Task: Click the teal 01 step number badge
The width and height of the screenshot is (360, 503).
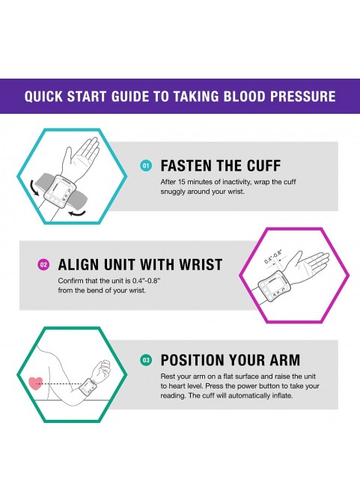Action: coord(146,165)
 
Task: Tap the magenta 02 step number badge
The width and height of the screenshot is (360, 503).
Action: coord(43,265)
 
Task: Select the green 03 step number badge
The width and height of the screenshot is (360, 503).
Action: coord(146,360)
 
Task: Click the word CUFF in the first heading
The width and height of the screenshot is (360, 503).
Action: coord(263,166)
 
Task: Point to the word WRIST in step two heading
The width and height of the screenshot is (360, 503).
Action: coord(201,265)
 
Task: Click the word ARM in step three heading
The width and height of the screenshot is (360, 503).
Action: coord(285,360)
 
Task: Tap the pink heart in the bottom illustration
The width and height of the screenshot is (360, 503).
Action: coord(36,383)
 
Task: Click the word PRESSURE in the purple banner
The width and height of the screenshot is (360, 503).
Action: coord(303,97)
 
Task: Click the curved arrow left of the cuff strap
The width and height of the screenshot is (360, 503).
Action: coord(34,188)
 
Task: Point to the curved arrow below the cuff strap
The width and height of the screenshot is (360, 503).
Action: coord(78,213)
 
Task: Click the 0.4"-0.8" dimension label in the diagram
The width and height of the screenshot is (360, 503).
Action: coord(273,257)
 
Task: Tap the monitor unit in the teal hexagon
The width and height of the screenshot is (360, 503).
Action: coord(62,191)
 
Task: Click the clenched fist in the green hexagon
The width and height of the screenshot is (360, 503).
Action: coord(101,371)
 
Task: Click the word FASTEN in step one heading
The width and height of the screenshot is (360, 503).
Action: coord(185,166)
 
